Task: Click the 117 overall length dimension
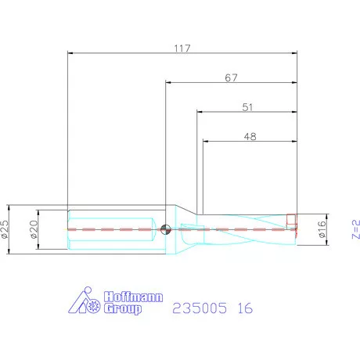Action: coord(184,48)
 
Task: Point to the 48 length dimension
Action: coord(250,136)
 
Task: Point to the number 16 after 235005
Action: coord(245,308)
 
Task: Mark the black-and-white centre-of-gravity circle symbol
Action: coord(165,229)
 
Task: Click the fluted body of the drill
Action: coord(243,228)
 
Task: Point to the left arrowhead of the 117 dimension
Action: coord(71,53)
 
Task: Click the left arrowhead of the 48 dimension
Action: coord(206,142)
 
